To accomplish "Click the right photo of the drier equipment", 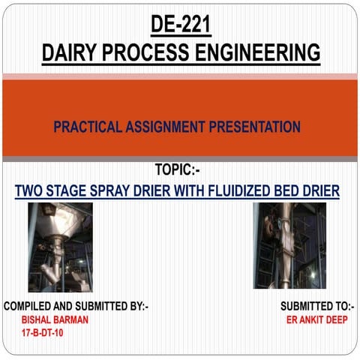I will tap(289, 245).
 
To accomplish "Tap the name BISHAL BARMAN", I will tap(55, 319).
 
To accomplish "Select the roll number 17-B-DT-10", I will tap(43, 331).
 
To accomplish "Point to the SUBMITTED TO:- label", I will tap(317, 306).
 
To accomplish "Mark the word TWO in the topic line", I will tap(31, 191).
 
